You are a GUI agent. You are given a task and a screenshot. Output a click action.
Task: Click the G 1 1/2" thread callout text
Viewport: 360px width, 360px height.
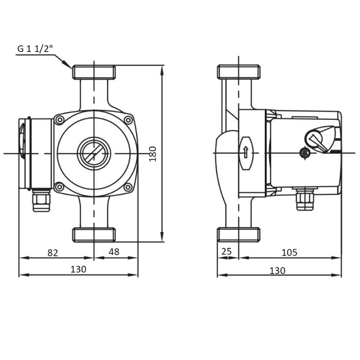[x=35, y=49]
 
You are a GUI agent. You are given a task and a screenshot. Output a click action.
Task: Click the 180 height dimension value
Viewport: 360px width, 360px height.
[x=153, y=154]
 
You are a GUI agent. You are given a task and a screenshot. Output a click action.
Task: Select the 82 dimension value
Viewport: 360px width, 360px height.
[x=53, y=253]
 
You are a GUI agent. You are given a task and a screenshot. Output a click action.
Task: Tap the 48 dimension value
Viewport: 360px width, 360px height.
[x=114, y=252]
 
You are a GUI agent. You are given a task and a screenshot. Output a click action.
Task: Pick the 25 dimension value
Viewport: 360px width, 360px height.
[x=227, y=251]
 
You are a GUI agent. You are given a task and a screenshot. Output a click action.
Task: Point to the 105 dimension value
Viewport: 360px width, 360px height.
[x=289, y=253]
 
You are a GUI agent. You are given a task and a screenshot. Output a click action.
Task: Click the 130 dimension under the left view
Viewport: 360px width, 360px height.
[x=78, y=269]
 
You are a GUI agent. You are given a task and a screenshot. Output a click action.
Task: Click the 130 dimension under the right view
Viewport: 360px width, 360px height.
[x=277, y=271]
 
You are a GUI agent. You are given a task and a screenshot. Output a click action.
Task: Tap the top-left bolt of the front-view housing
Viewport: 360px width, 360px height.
[x=60, y=120]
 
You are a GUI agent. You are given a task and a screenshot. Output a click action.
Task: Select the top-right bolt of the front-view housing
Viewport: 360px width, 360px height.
[x=128, y=120]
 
